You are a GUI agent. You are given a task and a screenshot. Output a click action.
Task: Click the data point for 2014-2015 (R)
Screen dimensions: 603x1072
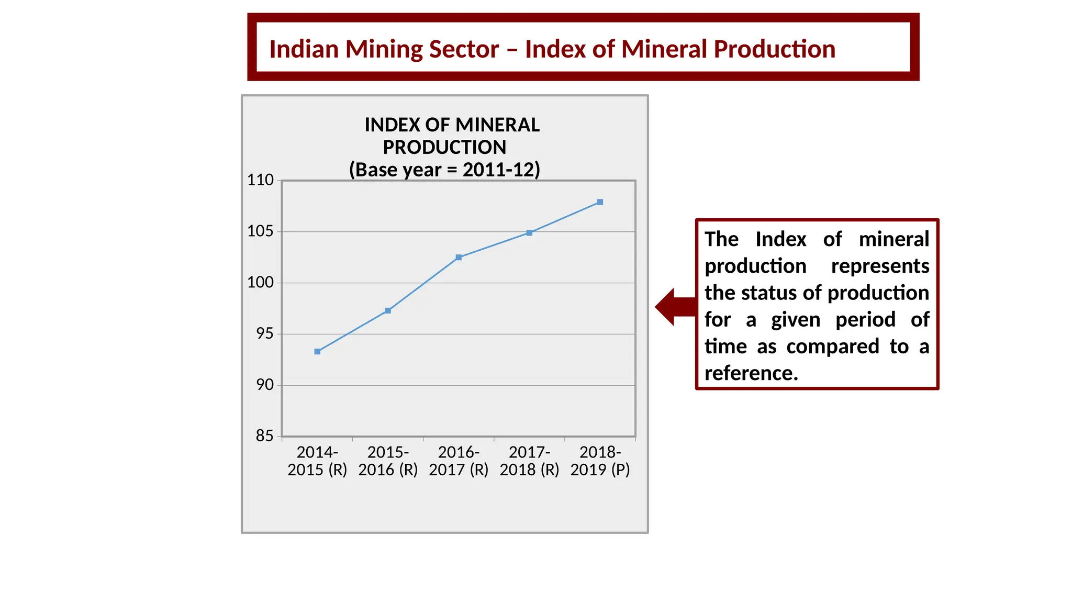coord(317,352)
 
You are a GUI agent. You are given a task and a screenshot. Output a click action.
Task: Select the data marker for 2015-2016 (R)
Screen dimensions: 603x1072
coord(388,311)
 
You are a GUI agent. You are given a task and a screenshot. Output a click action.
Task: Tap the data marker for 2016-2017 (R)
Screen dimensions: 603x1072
coord(459,258)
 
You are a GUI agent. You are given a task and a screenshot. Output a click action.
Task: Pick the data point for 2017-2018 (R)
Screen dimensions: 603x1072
coord(529,233)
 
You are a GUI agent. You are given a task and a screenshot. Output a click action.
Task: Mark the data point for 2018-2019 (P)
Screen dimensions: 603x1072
coord(600,202)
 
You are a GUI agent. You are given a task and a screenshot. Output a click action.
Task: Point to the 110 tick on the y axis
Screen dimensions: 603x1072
coord(261,180)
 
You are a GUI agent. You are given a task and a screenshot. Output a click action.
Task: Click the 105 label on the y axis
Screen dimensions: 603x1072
coord(261,231)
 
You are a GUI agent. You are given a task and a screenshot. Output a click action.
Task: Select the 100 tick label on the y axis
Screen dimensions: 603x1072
coord(261,283)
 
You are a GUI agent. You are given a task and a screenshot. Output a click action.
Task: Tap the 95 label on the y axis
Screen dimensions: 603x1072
coord(265,334)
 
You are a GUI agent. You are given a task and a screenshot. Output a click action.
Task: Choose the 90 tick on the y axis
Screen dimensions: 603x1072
coord(265,385)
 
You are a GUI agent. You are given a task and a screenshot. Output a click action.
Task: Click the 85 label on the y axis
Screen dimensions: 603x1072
coord(265,436)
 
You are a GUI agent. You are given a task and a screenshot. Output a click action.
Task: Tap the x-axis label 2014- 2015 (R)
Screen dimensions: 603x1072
coord(317,461)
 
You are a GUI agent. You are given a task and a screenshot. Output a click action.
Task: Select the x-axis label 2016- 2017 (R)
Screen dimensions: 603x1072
coord(459,461)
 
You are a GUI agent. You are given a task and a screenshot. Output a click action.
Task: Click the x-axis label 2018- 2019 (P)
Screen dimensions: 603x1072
coord(600,461)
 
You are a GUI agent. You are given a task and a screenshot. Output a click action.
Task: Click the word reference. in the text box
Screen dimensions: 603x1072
coord(751,374)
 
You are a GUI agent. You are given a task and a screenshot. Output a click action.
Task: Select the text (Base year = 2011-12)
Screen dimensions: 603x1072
coord(444,170)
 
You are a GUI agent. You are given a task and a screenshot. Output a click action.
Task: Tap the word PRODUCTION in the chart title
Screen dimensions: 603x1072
coord(444,148)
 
